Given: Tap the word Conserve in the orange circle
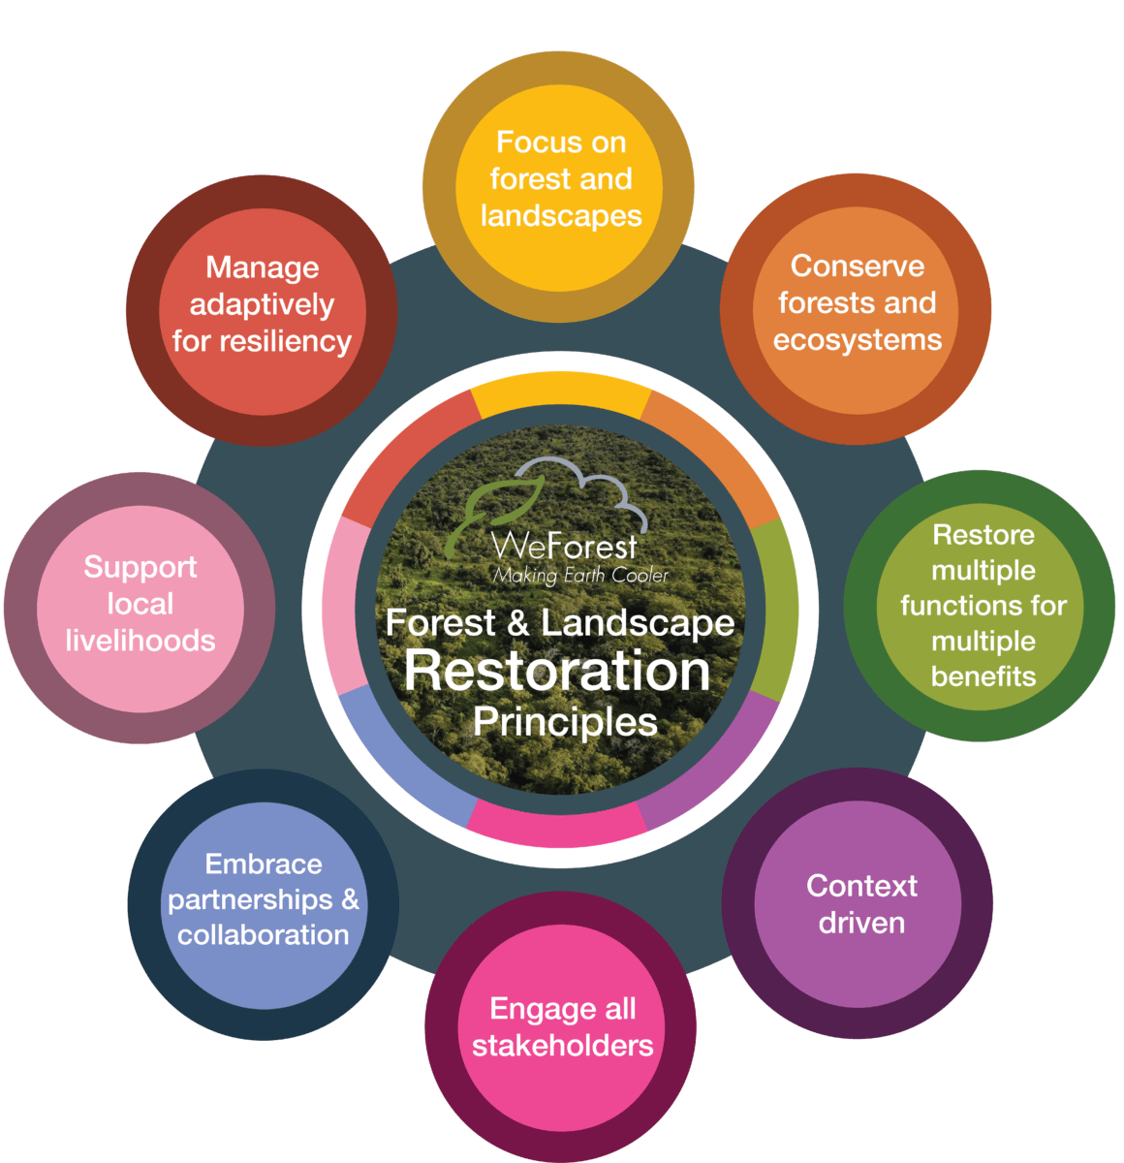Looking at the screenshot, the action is (858, 266).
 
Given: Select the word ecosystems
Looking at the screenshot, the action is (858, 340).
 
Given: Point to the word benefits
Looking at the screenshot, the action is (983, 676).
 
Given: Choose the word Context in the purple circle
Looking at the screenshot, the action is (861, 885).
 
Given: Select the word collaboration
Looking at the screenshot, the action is (263, 934).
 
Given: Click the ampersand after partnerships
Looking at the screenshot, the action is (350, 898).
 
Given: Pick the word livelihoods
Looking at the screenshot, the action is (140, 640).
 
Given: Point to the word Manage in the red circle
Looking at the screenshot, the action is (263, 268).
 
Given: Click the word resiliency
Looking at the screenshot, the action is (286, 342).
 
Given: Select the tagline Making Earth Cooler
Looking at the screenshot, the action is (580, 576).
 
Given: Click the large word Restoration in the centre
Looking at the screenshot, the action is (557, 671).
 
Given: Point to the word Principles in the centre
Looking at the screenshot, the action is (565, 723).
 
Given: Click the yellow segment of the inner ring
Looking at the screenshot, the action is (560, 393).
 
